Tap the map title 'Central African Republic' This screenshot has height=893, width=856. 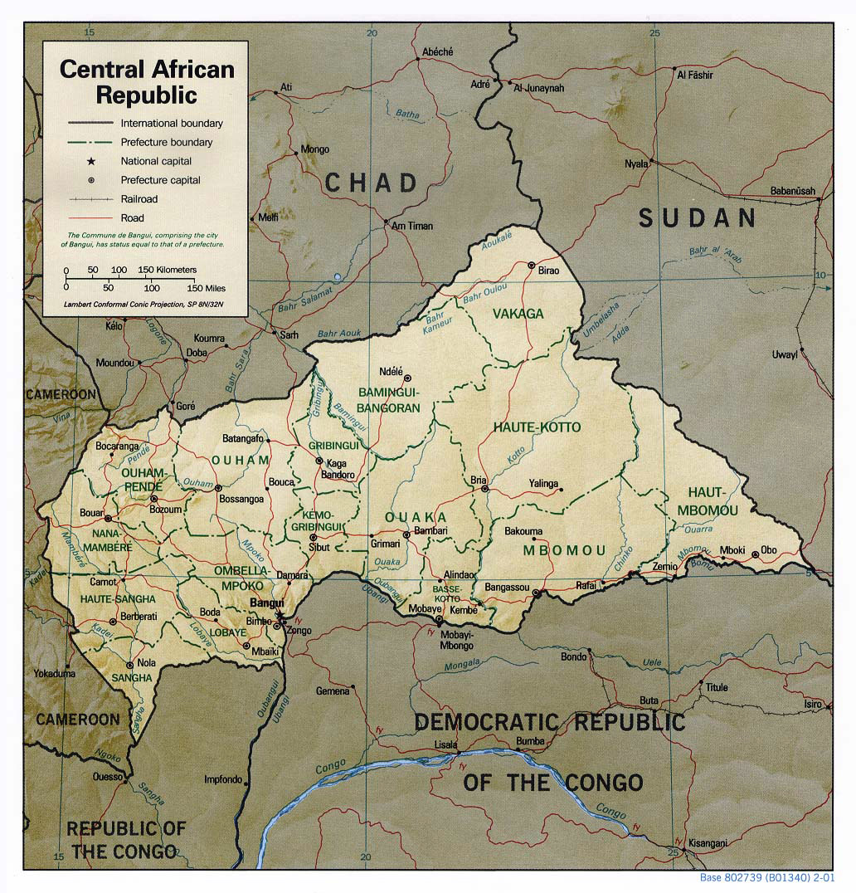[147, 81]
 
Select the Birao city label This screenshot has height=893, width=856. [549, 271]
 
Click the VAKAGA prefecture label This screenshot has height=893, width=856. [518, 314]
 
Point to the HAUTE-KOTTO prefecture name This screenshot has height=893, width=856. [537, 427]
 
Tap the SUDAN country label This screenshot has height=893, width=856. [698, 218]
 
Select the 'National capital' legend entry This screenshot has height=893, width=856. [156, 161]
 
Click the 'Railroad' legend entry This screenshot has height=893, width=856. [139, 199]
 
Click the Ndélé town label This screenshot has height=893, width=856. [390, 371]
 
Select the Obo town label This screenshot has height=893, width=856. [769, 550]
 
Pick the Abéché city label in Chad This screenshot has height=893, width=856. [437, 51]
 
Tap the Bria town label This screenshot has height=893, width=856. [478, 481]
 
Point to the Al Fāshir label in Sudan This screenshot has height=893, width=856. [696, 75]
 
